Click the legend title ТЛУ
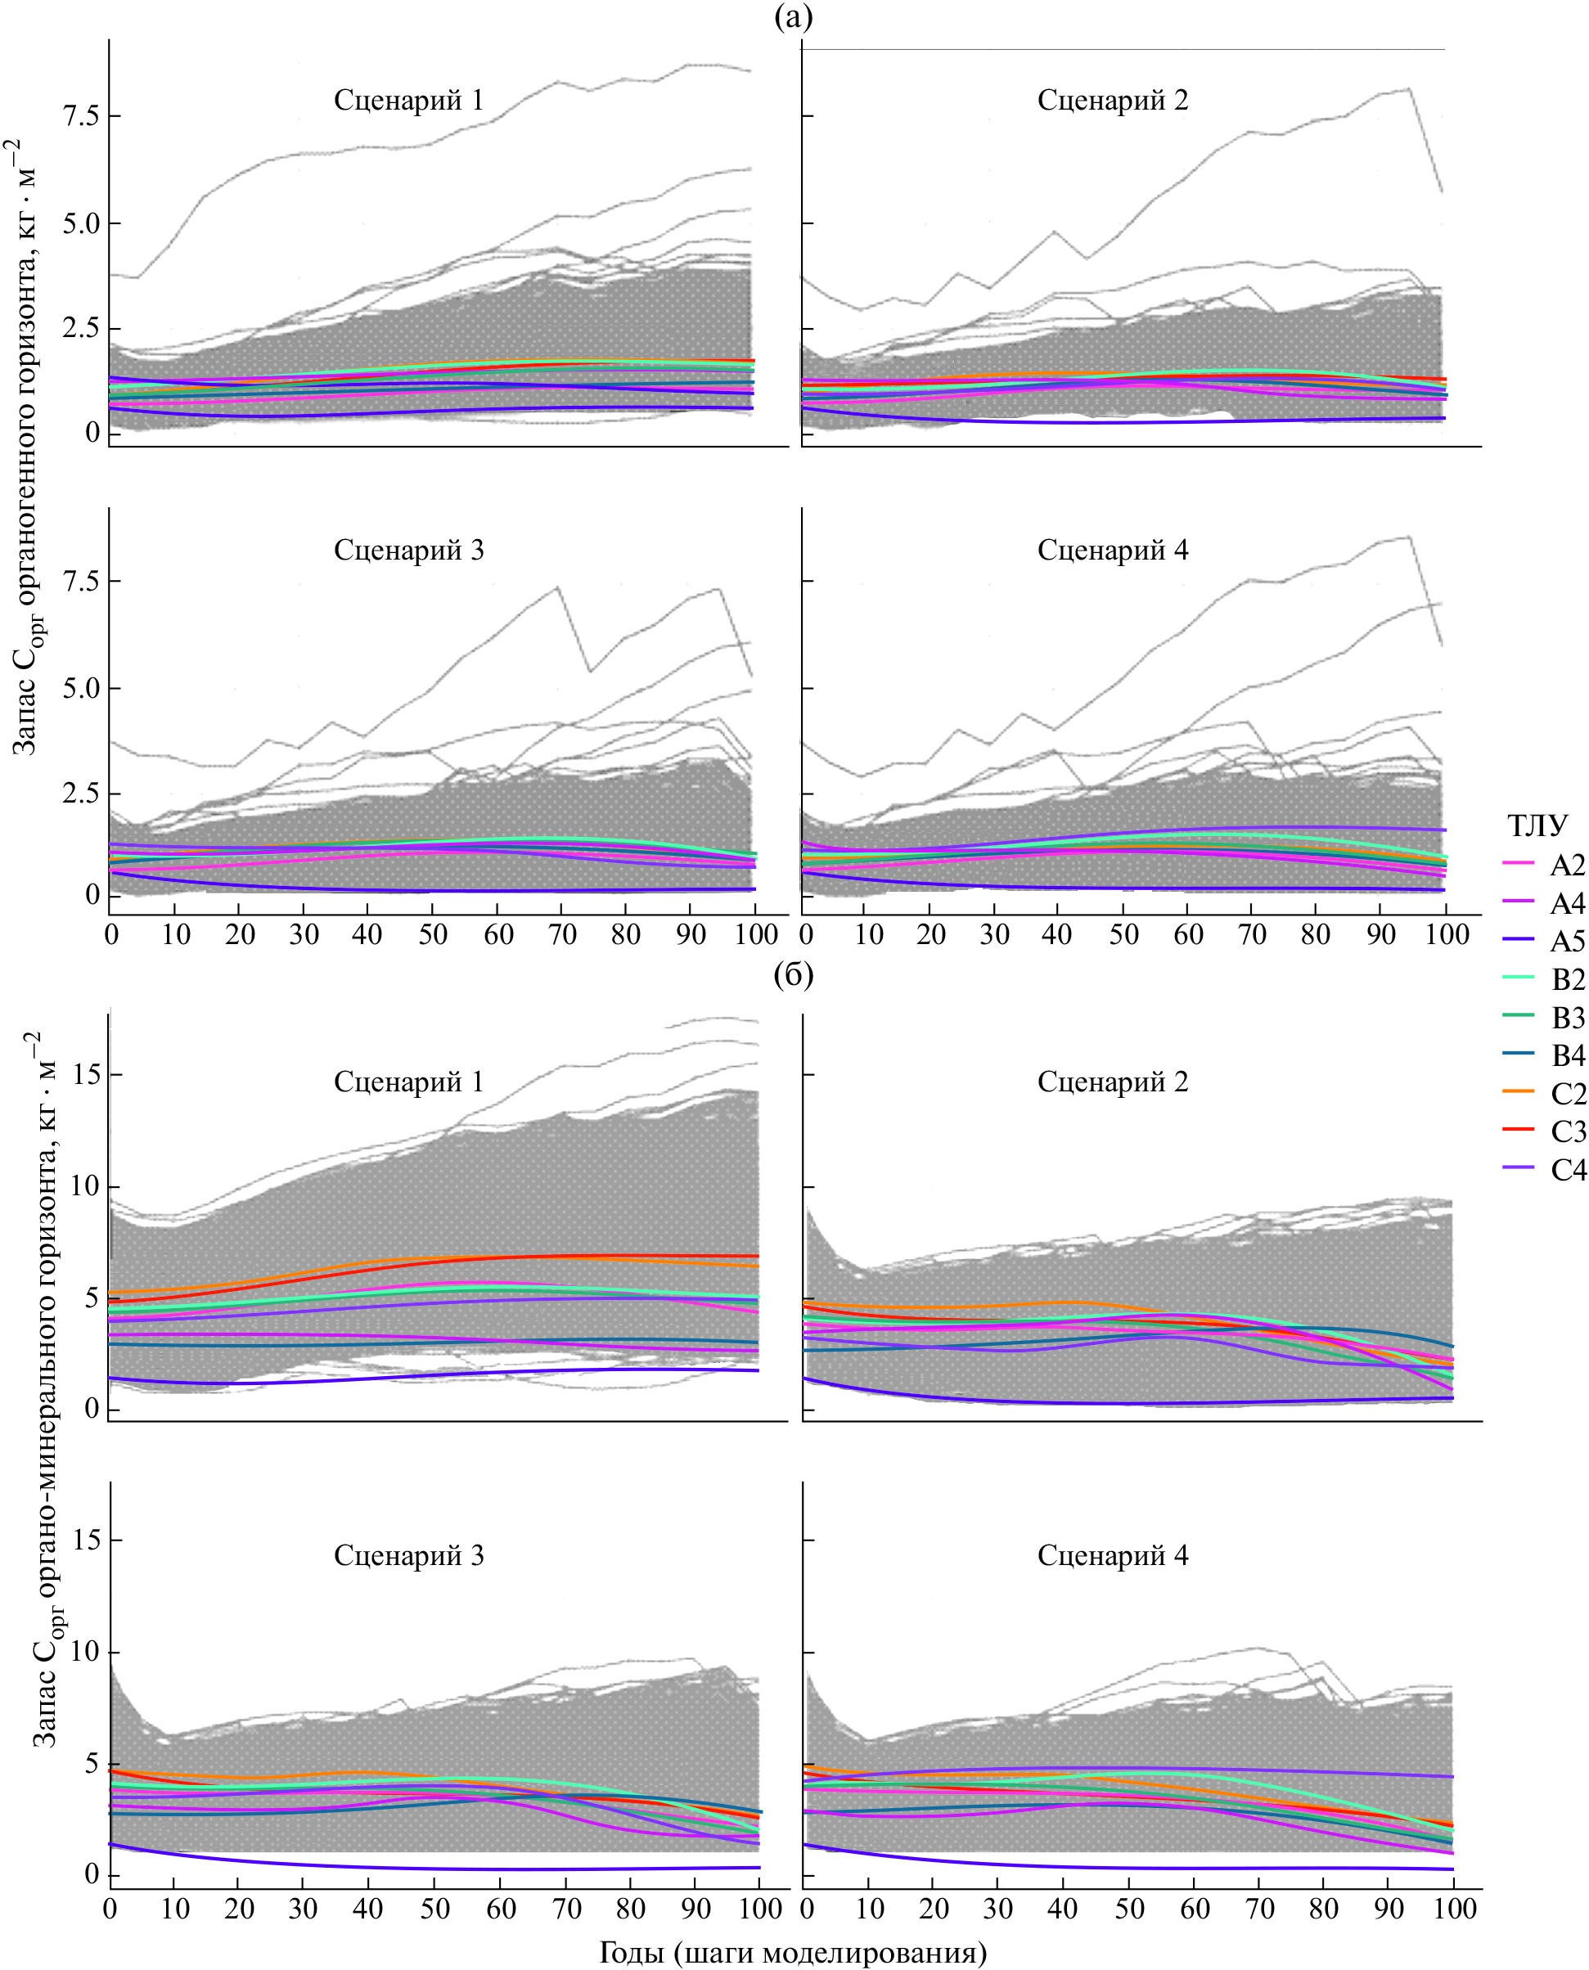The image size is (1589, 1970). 1537,825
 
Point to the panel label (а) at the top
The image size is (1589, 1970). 793,16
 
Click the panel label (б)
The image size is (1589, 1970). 793,974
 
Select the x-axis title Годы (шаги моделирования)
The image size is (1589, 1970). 793,1953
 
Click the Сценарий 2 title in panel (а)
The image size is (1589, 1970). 1112,100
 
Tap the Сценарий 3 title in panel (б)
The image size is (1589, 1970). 408,1554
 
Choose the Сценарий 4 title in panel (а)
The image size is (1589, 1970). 1112,550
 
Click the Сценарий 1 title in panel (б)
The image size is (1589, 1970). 408,1082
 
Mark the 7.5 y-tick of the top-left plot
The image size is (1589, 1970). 80,116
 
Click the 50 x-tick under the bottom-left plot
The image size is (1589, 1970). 434,1908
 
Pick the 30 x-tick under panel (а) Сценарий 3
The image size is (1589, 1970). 304,934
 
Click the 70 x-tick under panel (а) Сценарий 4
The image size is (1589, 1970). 1252,934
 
